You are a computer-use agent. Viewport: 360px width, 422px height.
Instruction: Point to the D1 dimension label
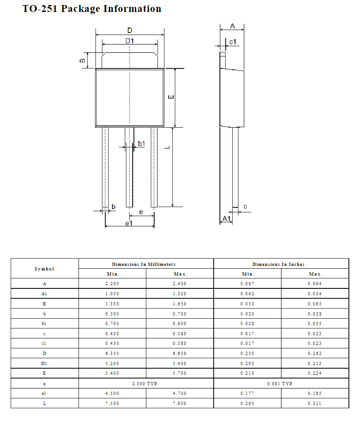[x=130, y=41]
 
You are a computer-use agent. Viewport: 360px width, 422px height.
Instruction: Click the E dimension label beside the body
[x=171, y=97]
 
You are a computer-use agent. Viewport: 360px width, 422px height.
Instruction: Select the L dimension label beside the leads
[x=168, y=147]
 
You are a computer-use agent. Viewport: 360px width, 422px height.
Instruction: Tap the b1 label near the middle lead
[x=141, y=144]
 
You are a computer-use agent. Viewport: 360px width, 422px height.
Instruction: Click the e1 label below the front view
[x=129, y=223]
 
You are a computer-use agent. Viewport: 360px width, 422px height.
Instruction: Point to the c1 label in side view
[x=233, y=42]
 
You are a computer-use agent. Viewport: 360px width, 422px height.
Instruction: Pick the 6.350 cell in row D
[x=112, y=354]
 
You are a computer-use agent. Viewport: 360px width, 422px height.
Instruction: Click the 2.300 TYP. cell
[x=146, y=383]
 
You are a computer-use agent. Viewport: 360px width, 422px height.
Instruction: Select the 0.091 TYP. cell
[x=281, y=383]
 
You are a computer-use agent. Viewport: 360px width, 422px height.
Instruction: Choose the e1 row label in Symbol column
[x=45, y=394]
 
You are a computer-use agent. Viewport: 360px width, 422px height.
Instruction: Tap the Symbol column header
[x=45, y=269]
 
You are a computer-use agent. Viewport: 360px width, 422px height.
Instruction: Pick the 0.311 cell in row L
[x=315, y=404]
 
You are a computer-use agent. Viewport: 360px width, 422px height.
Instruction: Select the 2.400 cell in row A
[x=180, y=284]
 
